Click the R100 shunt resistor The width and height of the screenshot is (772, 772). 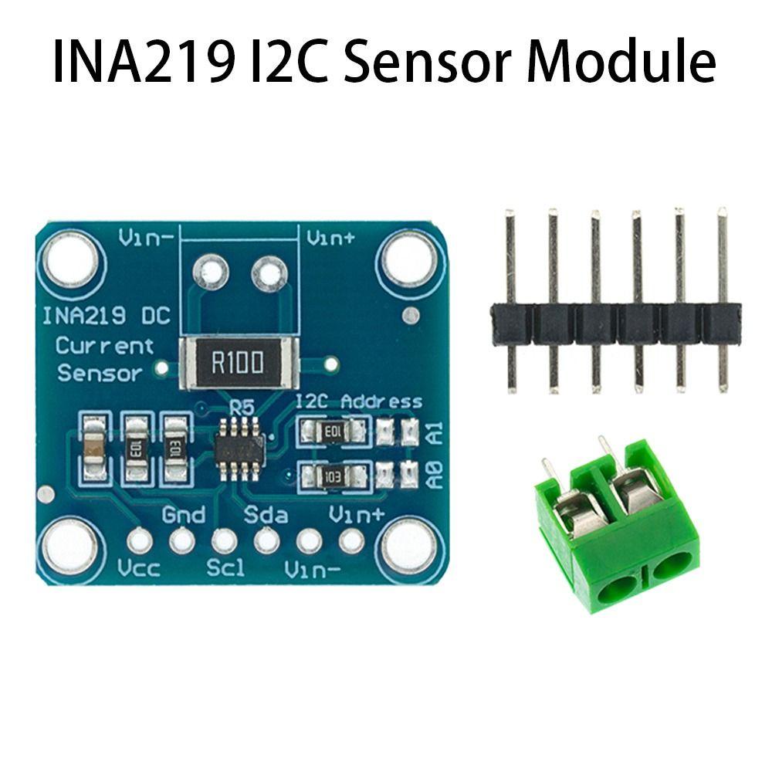(237, 362)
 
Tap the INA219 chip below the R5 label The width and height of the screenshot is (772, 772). (239, 449)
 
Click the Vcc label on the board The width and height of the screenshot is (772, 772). (139, 570)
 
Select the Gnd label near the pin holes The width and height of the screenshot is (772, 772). (184, 514)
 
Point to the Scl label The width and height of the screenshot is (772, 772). (225, 570)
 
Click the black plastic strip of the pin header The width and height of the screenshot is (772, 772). (615, 323)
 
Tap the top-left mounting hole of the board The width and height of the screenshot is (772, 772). (71, 260)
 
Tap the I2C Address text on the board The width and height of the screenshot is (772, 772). (359, 401)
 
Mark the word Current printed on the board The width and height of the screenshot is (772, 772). (104, 346)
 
